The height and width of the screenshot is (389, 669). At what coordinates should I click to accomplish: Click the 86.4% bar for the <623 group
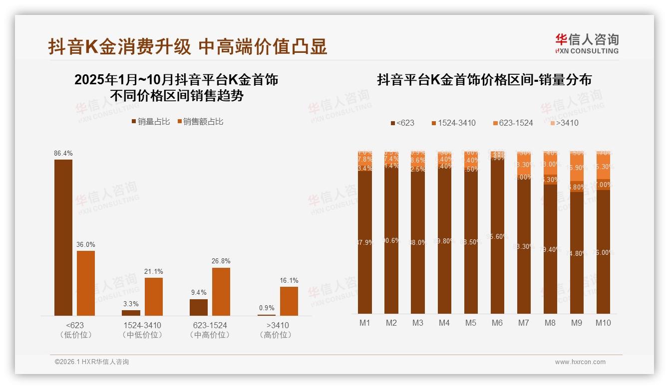[x=63, y=237]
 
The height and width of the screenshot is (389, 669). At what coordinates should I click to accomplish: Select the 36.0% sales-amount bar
[x=86, y=283]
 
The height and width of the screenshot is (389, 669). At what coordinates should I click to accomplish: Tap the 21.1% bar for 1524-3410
[x=154, y=296]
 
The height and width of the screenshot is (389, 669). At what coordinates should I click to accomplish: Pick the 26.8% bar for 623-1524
[x=221, y=291]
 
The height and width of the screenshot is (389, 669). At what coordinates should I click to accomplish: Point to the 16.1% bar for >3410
[x=289, y=301]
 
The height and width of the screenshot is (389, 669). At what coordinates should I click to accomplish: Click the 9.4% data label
[x=198, y=293]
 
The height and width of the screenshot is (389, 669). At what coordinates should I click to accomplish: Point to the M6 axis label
[x=497, y=323]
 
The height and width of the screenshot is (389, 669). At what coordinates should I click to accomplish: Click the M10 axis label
[x=603, y=323]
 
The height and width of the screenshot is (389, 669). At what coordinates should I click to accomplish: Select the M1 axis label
[x=365, y=323]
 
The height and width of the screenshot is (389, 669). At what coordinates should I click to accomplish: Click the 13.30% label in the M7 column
[x=524, y=165]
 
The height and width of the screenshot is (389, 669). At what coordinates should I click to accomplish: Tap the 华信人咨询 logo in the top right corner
[x=587, y=43]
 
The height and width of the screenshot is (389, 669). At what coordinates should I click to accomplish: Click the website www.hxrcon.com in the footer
[x=580, y=362]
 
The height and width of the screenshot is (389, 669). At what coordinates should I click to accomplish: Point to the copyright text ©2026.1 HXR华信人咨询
[x=92, y=362]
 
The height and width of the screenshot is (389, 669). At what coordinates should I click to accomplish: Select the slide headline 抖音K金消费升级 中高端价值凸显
[x=188, y=47]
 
